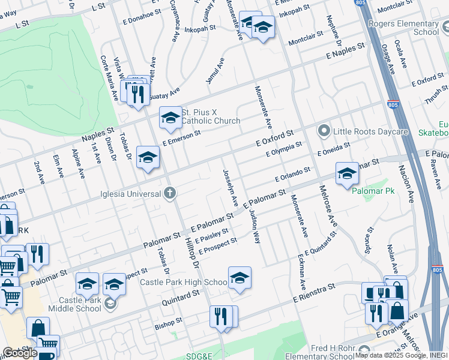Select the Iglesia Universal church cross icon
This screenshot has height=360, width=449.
pos(170,193)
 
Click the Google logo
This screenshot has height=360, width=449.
pos(19,353)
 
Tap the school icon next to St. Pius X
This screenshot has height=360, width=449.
pos(170,118)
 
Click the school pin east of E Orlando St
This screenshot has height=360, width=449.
pos(347,173)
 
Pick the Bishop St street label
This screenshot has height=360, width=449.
pos(168,322)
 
